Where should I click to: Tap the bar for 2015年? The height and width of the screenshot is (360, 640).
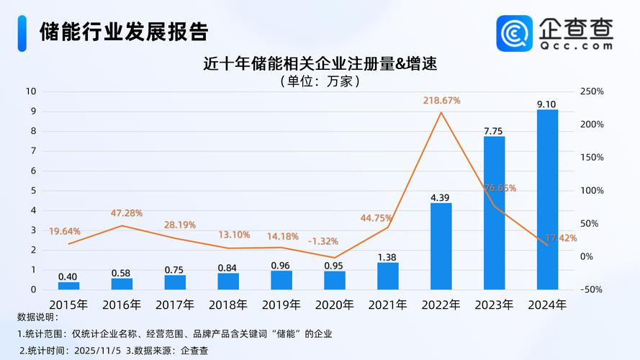coord(68,285)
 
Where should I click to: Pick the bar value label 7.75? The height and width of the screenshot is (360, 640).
coord(494,131)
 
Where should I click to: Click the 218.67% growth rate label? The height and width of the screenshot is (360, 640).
coord(441,101)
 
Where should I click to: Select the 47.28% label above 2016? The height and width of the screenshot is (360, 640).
coord(127,213)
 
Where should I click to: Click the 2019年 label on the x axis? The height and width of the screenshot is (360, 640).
coord(281,305)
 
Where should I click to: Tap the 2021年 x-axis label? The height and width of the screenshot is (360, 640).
coord(388,305)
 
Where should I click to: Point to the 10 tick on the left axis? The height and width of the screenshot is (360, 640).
coord(31,91)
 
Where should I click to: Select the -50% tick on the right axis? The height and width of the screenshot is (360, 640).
coord(591,289)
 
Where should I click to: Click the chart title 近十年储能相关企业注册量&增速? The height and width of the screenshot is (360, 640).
coord(320,63)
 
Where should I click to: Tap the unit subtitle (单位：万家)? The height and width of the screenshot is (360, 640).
coord(320,81)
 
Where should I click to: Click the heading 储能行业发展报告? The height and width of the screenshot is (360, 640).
coord(124,32)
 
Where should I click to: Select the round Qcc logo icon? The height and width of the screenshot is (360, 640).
coord(515,33)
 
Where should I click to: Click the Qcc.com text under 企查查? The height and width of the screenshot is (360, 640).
coord(576,45)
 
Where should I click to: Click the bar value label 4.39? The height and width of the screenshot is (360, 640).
coord(441,197)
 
